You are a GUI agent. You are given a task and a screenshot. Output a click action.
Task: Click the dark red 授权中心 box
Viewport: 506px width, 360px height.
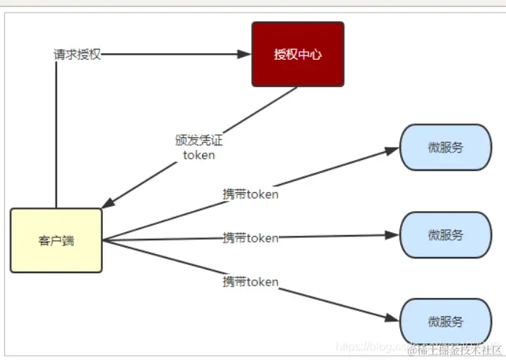point(297,53)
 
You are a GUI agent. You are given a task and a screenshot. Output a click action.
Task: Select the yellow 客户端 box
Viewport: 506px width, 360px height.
point(56,240)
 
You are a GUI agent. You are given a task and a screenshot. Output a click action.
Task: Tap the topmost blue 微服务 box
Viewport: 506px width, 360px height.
point(445,147)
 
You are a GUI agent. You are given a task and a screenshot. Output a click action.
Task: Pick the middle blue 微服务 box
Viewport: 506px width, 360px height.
point(445,234)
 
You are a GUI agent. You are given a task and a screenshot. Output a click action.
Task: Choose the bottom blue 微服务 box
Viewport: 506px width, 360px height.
point(445,321)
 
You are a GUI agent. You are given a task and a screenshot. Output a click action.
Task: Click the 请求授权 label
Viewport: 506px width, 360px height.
point(77,54)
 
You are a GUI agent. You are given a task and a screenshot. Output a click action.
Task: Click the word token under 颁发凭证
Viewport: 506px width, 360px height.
point(199,155)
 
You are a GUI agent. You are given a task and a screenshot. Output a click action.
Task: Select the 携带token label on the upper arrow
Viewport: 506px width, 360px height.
point(250,194)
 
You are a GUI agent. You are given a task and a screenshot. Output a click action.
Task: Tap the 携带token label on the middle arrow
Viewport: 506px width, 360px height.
point(250,237)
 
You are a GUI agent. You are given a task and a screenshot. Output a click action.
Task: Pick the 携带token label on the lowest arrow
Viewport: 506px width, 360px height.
point(250,281)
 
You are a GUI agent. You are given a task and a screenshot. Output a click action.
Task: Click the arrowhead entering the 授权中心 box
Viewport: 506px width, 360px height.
point(244,54)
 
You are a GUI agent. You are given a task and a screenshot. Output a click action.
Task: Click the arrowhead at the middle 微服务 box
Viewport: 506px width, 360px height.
point(392,235)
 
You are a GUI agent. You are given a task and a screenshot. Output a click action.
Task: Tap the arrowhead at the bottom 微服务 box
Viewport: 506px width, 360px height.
point(391,318)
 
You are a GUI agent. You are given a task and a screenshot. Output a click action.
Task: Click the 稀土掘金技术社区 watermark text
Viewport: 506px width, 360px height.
point(453,349)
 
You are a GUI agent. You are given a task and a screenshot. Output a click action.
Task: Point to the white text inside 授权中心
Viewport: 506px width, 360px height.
point(297,54)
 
